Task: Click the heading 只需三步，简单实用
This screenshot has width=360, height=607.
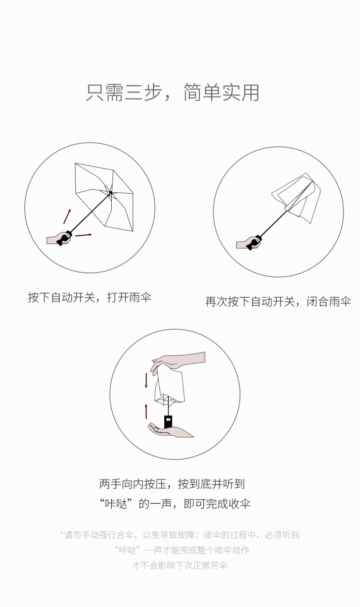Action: coord(172,93)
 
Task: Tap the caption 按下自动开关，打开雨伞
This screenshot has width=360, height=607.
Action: coord(89,297)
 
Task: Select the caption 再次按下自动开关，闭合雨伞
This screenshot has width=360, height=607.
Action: coord(278,301)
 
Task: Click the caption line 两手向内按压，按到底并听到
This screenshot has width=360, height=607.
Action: coord(172,484)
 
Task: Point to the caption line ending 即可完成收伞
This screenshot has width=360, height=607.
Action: coord(175,504)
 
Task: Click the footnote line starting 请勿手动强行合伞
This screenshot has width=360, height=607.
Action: coord(180,535)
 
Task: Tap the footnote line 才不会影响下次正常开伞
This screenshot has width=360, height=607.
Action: coord(179,566)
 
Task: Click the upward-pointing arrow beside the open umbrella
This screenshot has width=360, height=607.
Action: coord(67,216)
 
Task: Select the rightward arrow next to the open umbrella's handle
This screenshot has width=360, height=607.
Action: coord(83,235)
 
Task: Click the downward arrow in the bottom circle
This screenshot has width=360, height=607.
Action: coord(146,380)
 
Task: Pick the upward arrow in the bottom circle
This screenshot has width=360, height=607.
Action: coord(146,411)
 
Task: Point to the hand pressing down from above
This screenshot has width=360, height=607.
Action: coord(177,362)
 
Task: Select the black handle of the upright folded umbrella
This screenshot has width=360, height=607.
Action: coord(168,422)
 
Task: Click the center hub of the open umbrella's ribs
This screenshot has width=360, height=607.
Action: coord(111,193)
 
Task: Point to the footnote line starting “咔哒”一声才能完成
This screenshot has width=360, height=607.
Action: coord(182,550)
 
